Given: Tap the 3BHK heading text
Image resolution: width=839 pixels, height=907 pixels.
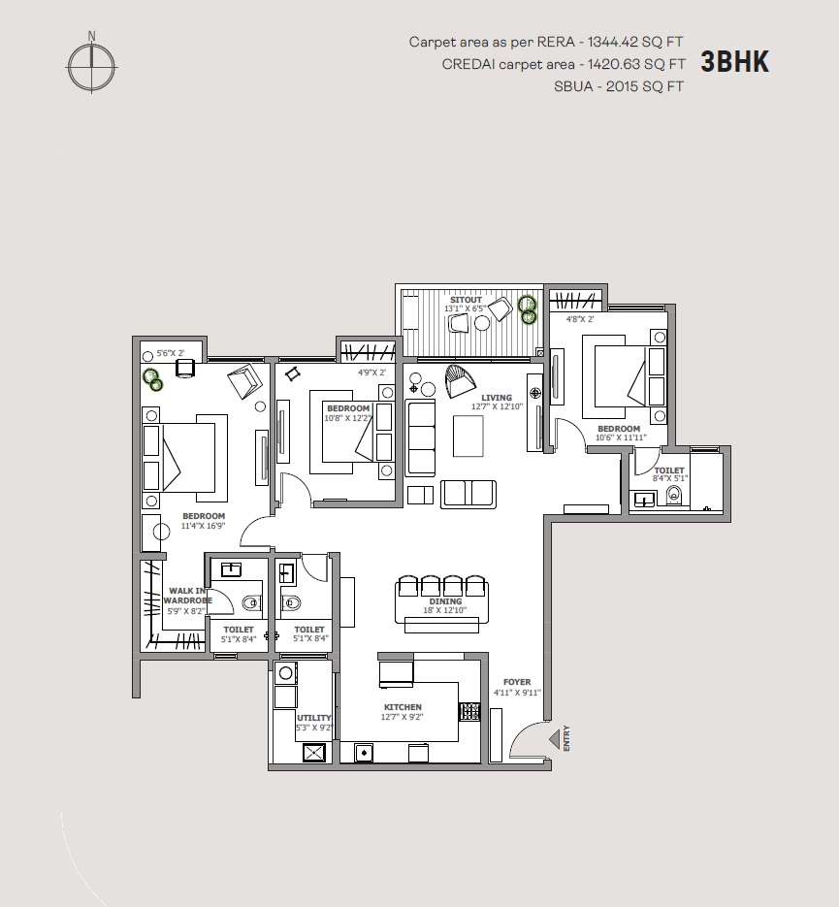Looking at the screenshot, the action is tap(735, 62).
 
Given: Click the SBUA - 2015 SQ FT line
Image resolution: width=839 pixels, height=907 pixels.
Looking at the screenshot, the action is tap(619, 86).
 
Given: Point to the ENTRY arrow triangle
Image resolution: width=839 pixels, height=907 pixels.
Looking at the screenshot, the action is tap(554, 738).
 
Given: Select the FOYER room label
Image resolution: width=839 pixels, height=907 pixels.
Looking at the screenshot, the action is tap(517, 682).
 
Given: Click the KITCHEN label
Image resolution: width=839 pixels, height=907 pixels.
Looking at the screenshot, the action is tap(403, 707).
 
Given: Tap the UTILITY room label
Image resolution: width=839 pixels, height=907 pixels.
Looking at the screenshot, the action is tap(314, 718).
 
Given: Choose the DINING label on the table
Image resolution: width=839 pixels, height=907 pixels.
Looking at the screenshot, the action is tap(445, 601).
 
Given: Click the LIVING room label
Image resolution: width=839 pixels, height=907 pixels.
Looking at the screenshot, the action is tap(497, 398).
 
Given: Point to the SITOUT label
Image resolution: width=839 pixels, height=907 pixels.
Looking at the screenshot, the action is tap(466, 300).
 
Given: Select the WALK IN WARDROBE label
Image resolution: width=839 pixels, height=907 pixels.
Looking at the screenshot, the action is tap(187, 596).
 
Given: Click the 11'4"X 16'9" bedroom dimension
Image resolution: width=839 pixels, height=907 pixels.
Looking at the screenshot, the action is tap(203, 525).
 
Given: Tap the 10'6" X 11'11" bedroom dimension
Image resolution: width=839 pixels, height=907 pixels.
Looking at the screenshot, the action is tap(621, 437).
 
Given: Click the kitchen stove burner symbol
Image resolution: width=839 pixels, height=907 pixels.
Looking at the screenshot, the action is tap(469, 711).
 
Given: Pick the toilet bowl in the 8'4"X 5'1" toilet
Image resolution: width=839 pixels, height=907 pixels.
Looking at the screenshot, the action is tap(674, 495).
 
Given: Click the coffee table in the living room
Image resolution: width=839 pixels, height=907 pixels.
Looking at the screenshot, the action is tap(468, 437).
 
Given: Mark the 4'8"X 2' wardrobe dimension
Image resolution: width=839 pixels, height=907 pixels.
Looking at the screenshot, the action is tap(580, 319).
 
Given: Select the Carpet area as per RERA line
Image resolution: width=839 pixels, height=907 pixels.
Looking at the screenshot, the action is tap(546, 43).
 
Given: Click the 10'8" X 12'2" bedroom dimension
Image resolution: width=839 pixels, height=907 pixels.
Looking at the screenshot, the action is tap(347, 418).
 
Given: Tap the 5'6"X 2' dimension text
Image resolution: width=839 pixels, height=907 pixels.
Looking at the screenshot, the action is tap(170, 353).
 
